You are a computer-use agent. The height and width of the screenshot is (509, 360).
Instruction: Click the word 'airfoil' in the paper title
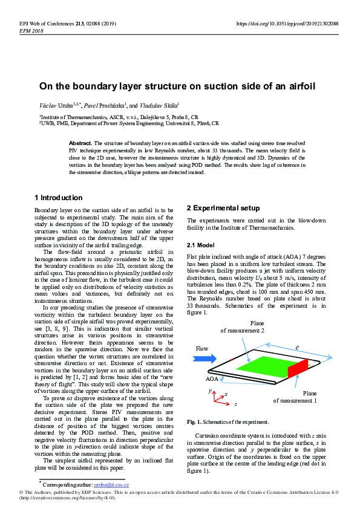(x=298, y=86)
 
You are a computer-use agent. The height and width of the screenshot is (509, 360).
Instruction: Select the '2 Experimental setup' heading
(x=223, y=208)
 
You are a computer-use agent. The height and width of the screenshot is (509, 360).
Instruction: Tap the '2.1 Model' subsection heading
(x=201, y=245)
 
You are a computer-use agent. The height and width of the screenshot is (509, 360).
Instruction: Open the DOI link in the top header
(x=287, y=24)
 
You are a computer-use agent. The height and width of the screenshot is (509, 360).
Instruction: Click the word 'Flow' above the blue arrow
(x=201, y=349)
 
